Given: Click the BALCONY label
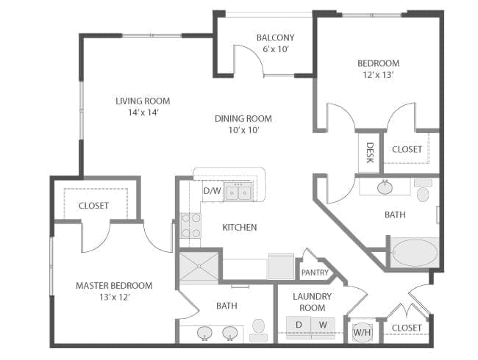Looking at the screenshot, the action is (275, 37).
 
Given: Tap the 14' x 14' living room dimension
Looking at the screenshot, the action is (143, 112).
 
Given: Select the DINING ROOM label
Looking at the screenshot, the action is (243, 118).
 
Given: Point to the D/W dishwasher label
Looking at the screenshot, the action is (213, 191).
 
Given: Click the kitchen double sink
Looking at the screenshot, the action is (238, 192).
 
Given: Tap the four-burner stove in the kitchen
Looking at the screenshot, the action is (190, 226).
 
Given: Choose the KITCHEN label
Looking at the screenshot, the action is (240, 227).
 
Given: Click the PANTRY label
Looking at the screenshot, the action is (315, 273).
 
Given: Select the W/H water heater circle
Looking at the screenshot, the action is (362, 331).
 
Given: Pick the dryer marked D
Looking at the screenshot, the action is (299, 328).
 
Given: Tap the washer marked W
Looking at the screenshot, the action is (323, 328).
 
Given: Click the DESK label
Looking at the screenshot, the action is (370, 153).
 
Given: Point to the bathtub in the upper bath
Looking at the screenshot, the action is (415, 253).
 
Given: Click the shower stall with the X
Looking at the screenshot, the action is (199, 266).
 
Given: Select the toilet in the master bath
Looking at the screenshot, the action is (259, 331).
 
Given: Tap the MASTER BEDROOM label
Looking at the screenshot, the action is (114, 286).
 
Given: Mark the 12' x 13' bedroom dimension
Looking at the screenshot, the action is (378, 75).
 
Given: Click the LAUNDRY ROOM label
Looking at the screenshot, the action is (312, 302).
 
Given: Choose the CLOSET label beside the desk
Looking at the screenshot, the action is (407, 149).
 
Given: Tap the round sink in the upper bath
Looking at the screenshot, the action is (385, 187).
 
